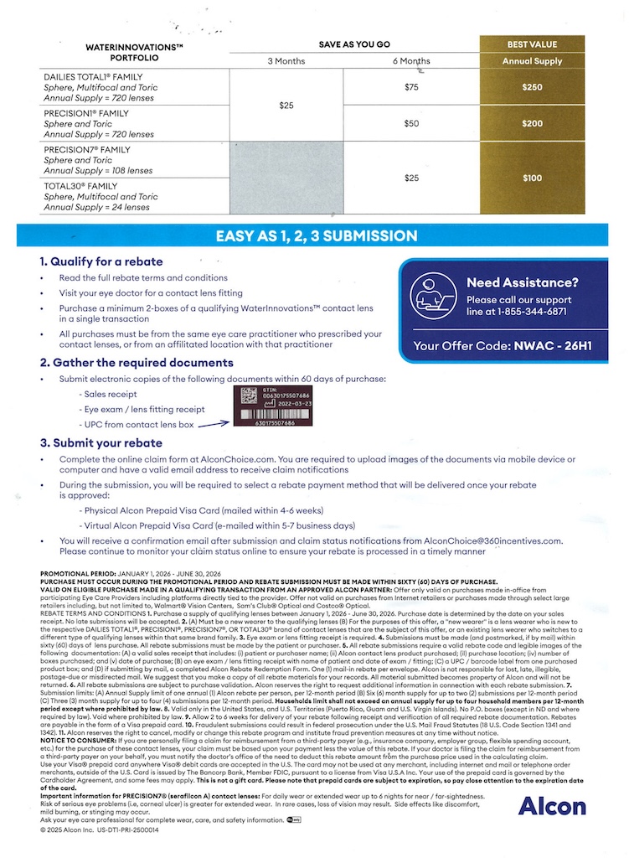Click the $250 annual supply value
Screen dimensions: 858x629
click(x=531, y=87)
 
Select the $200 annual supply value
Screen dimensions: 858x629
click(x=531, y=123)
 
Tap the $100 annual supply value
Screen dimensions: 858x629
click(x=531, y=178)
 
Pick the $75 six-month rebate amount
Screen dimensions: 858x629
click(x=410, y=87)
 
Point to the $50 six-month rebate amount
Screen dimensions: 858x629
click(x=410, y=123)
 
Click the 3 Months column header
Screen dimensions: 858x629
click(x=286, y=61)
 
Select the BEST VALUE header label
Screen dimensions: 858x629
click(x=531, y=44)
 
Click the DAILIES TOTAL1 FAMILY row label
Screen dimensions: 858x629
click(x=86, y=76)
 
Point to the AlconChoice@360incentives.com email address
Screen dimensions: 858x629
click(x=492, y=541)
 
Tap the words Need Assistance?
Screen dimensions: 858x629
click(x=522, y=282)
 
